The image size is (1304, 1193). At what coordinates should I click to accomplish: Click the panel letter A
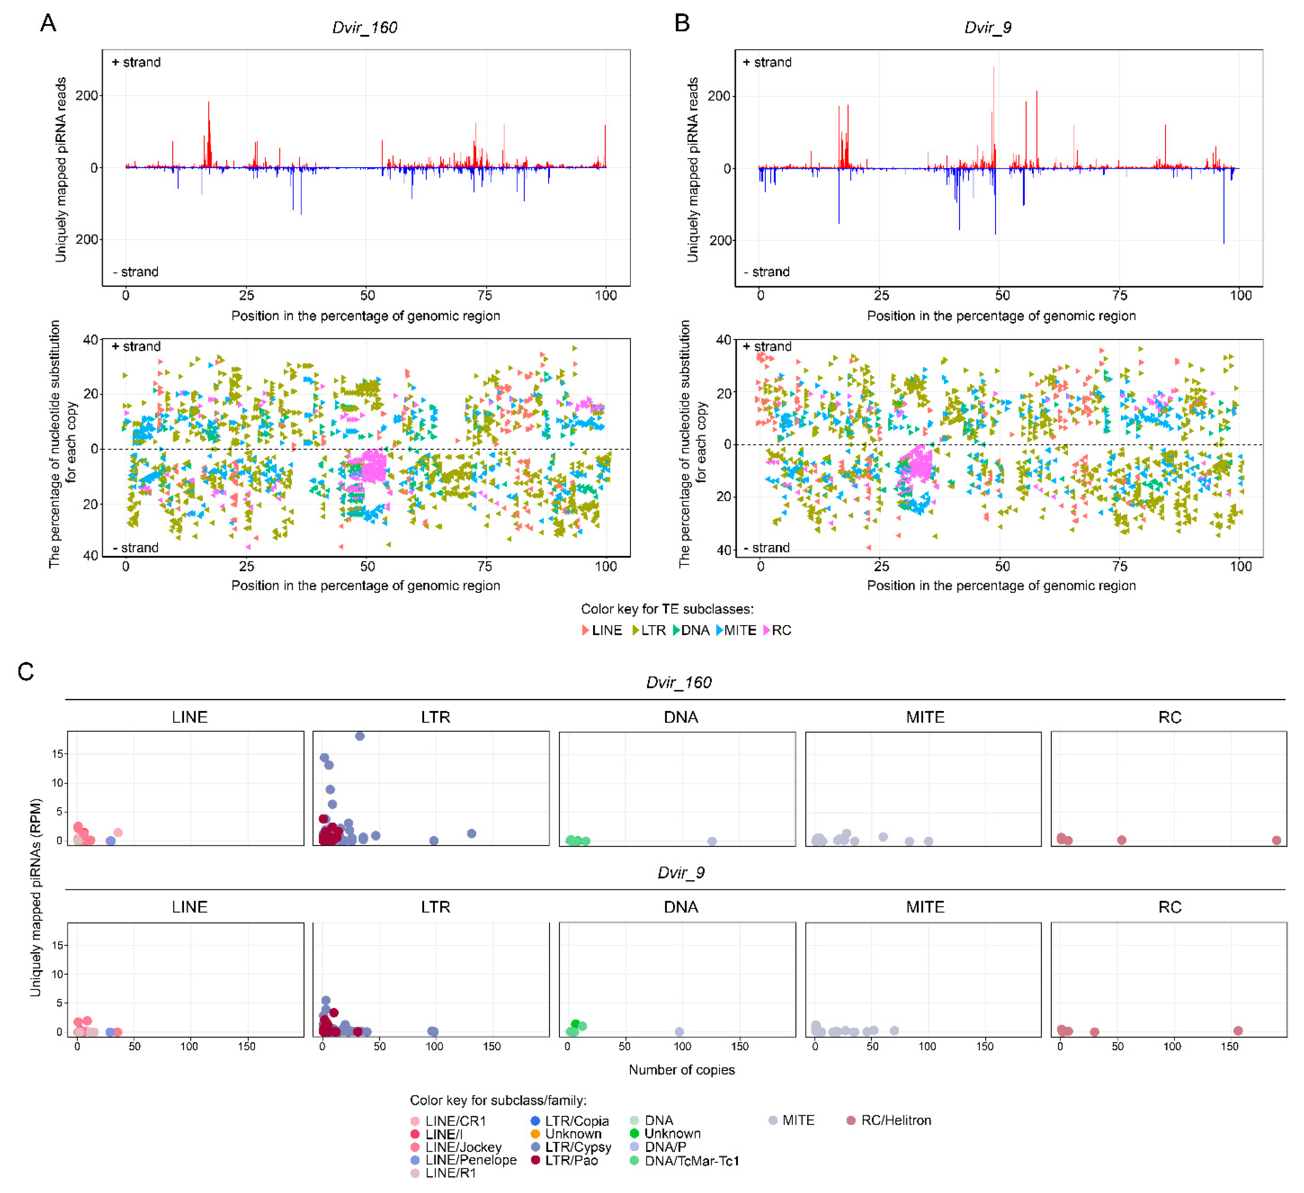[x=48, y=23]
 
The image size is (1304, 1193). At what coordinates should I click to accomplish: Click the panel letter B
[x=682, y=23]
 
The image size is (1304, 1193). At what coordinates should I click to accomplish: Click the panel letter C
[x=26, y=672]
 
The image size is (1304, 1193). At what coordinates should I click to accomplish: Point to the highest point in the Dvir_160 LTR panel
[x=359, y=736]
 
